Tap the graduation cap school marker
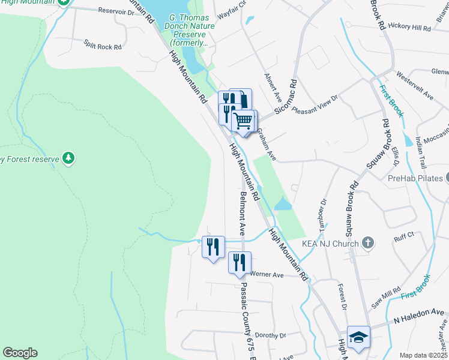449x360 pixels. [358, 337]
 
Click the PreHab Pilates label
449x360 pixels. [415, 178]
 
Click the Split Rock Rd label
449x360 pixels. [103, 44]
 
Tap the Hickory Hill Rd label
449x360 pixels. [409, 27]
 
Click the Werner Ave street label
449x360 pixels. [267, 274]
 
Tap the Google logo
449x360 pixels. [20, 352]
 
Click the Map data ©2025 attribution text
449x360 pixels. [423, 355]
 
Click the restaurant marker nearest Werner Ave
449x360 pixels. [239, 262]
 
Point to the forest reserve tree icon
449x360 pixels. [69, 158]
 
